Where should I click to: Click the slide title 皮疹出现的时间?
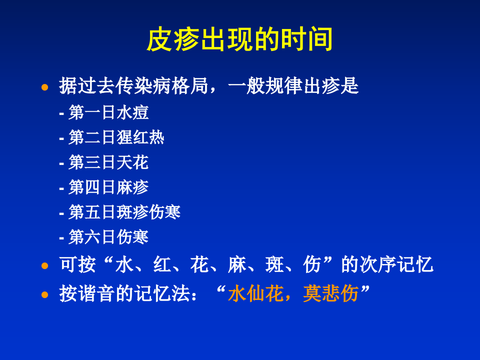tap(240, 40)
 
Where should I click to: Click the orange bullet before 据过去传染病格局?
tap(45, 87)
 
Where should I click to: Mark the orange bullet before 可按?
tap(45, 265)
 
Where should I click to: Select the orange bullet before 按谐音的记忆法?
tap(45, 294)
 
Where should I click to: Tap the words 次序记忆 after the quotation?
tap(396, 264)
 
